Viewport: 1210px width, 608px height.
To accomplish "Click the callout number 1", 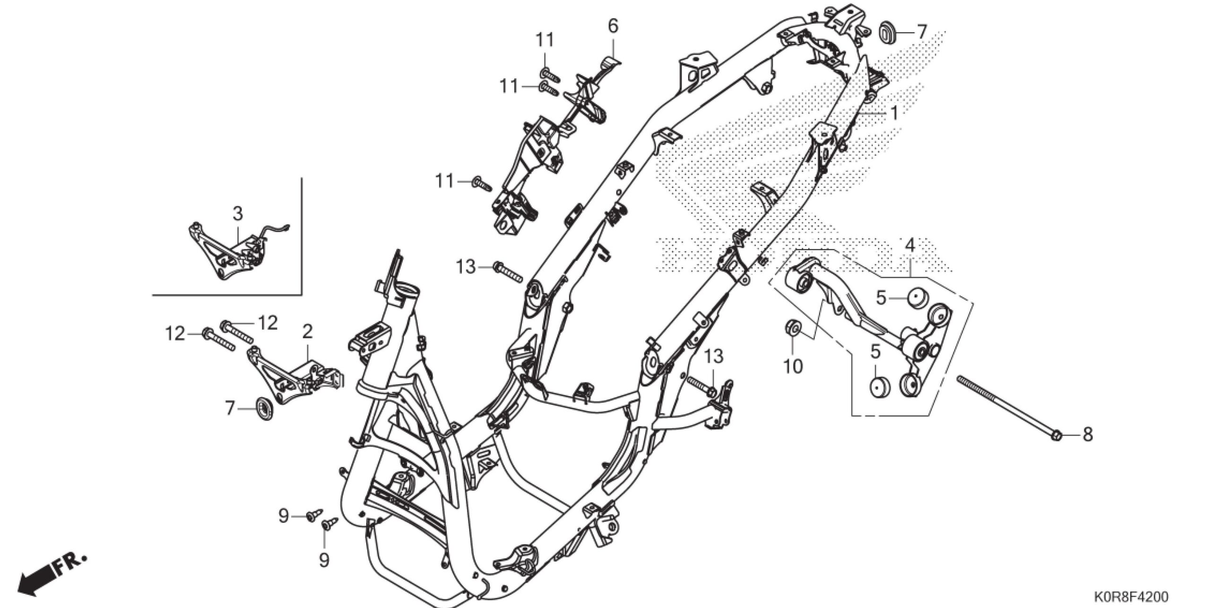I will (x=893, y=113).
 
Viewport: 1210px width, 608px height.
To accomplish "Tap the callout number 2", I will (x=307, y=332).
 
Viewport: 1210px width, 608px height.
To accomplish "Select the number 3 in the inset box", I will (x=238, y=214).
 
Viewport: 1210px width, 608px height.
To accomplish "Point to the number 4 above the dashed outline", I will (x=909, y=245).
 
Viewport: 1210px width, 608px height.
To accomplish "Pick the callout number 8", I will (x=1088, y=435).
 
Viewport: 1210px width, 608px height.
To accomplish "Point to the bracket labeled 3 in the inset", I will (x=227, y=253).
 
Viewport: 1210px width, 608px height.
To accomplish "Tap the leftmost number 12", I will (x=174, y=334).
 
